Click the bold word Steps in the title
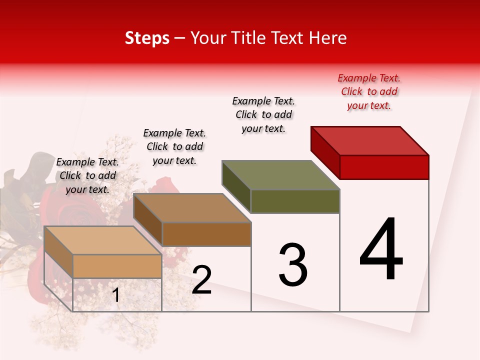tap(147, 38)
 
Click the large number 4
tap(381, 250)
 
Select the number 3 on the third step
tap(293, 265)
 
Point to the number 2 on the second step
tap(202, 280)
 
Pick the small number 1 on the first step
tap(116, 295)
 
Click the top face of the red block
tap(370, 140)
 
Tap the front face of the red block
tap(384, 167)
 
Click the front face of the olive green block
tap(295, 201)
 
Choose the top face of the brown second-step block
tap(192, 207)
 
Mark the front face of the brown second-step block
tap(206, 234)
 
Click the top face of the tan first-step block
tap(103, 240)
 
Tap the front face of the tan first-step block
tap(117, 266)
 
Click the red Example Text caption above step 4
tap(369, 91)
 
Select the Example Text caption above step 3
tap(264, 114)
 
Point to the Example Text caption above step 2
tap(174, 146)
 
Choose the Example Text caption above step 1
tap(87, 175)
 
